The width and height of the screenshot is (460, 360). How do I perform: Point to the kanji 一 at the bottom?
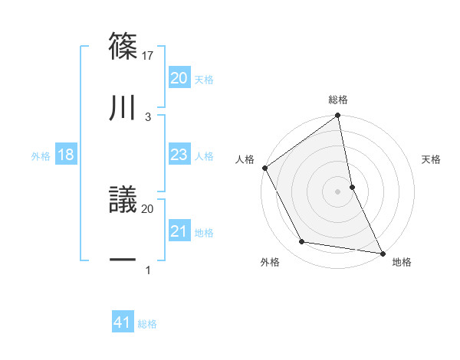(123, 260)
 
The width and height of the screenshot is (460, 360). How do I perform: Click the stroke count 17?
(149, 55)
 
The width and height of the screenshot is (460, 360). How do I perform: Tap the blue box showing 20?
(179, 77)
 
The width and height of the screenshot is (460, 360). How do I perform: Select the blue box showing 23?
(179, 155)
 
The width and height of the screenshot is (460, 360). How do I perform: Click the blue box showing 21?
(179, 231)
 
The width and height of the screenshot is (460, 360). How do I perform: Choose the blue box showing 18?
(66, 155)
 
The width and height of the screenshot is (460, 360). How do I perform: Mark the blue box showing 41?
(123, 322)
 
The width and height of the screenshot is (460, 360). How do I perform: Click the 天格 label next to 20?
(204, 80)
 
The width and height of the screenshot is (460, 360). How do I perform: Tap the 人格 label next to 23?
(204, 156)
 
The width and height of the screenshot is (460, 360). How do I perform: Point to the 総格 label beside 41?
(147, 324)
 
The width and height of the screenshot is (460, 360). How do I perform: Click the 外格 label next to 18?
(41, 156)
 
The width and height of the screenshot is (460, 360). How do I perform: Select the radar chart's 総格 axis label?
(338, 100)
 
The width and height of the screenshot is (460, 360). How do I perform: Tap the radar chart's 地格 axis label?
(402, 262)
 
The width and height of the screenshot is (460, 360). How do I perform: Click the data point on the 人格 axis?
(265, 168)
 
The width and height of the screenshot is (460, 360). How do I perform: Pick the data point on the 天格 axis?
(352, 187)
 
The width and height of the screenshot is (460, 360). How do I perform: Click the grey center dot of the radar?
(337, 191)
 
